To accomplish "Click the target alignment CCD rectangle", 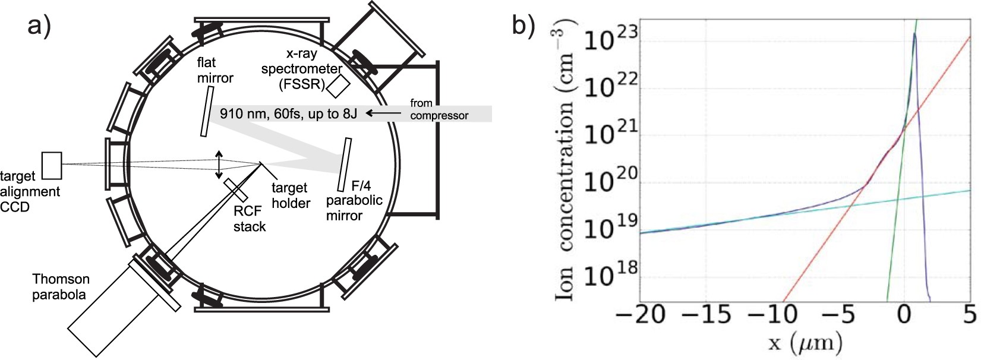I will click(52, 165).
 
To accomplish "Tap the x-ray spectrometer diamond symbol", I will click(337, 86).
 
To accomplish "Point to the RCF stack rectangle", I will click(236, 189).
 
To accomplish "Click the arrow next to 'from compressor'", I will click(384, 113).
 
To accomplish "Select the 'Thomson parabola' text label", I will click(61, 287).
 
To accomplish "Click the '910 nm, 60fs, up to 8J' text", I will click(288, 113).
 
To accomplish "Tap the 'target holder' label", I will click(291, 195).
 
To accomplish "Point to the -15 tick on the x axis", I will click(712, 314).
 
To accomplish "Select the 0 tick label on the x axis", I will click(903, 314).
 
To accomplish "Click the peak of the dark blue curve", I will click(914, 34).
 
